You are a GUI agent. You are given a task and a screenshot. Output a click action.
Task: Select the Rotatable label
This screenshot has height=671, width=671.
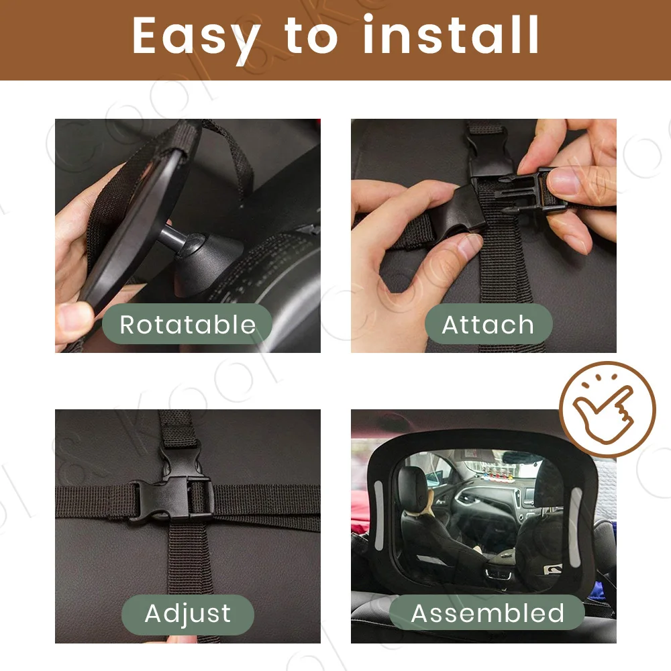click(x=187, y=324)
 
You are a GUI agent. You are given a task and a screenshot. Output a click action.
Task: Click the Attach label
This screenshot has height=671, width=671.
click(x=488, y=324)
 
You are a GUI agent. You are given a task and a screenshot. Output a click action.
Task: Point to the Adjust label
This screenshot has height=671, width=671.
click(x=188, y=614)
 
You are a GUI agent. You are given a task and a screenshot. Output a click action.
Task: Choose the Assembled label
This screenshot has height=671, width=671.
click(x=487, y=613)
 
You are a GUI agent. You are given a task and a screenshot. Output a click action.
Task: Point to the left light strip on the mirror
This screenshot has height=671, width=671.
click(x=379, y=515)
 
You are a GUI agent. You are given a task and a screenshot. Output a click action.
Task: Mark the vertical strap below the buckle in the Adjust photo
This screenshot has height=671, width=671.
click(x=189, y=560)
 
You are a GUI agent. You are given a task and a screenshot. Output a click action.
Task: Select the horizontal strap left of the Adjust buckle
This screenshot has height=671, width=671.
click(x=94, y=501)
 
